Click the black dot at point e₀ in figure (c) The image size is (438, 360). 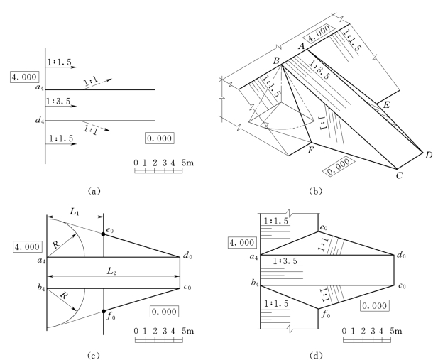[x=104, y=234]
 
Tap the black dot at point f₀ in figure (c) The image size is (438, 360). [x=104, y=312]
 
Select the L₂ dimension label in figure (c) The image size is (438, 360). [x=111, y=271]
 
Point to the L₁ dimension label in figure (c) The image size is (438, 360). [x=75, y=212]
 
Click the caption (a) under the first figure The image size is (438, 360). [x=94, y=191]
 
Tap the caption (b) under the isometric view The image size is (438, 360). [x=316, y=191]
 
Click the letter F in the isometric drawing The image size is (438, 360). [x=310, y=151]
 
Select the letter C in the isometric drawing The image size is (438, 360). [x=399, y=175]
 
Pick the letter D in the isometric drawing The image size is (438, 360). [x=429, y=155]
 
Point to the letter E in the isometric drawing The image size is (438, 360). [x=386, y=105]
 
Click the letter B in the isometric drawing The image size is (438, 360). [x=276, y=60]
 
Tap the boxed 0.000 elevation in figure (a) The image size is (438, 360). [x=160, y=138]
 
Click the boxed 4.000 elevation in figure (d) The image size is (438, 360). [x=242, y=242]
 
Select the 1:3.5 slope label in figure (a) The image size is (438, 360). [x=58, y=101]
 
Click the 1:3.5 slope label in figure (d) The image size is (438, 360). [x=285, y=261]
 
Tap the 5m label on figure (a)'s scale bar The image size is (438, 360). [x=187, y=163]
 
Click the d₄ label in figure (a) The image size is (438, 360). [x=40, y=120]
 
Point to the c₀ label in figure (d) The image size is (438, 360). [x=402, y=285]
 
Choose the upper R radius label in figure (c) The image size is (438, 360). [x=56, y=245]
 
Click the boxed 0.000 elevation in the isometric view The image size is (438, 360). [x=339, y=167]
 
